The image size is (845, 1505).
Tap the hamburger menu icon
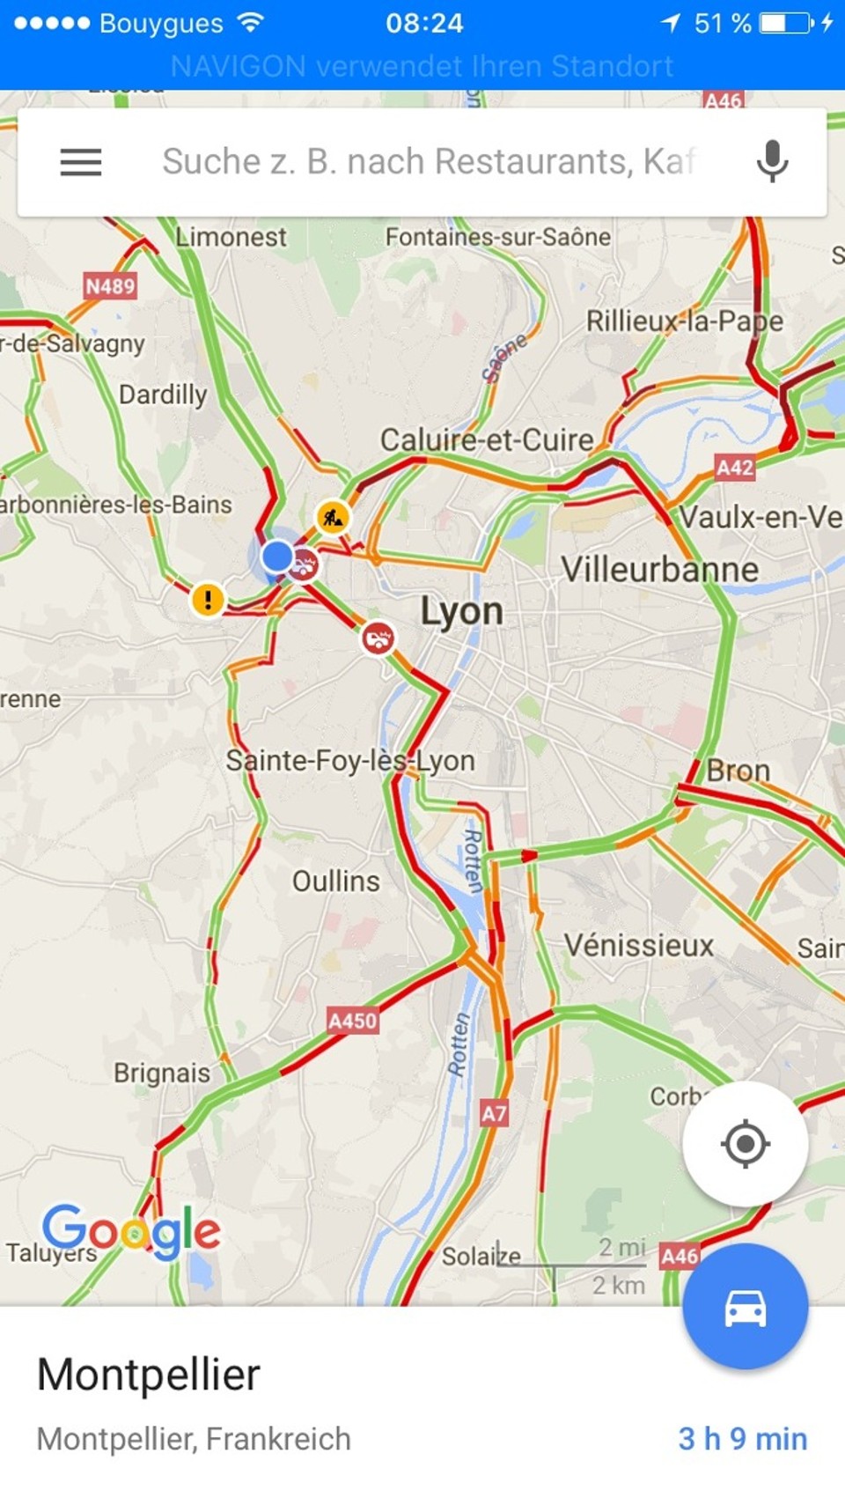pos(81,162)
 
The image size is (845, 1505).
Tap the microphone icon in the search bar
pos(772,161)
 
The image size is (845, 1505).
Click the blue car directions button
pos(745,1308)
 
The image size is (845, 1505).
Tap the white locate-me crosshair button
pos(745,1144)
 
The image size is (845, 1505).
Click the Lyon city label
pos(461,611)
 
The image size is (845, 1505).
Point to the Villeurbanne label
pos(659,570)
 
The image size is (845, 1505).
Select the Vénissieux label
pos(638,946)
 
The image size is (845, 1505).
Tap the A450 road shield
pos(352,1021)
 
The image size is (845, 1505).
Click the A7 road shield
pos(494,1114)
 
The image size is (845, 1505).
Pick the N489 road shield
pos(110,286)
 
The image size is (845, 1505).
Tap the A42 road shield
pos(734,468)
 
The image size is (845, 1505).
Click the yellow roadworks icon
pos(333,518)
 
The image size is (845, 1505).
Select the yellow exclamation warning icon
pos(208,601)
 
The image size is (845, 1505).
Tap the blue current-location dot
pos(277,556)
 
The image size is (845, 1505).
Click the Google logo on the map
pos(131,1230)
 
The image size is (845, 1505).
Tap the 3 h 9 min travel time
pos(742,1439)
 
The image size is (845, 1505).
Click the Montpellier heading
pos(149,1375)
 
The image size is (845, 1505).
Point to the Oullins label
pos(335,882)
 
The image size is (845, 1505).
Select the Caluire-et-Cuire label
pos(486,439)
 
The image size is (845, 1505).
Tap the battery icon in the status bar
pos(786,23)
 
